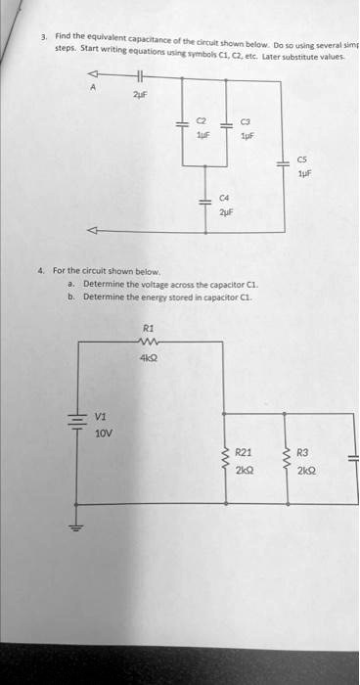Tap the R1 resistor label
tap(148, 329)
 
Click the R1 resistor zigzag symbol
tap(148, 342)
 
